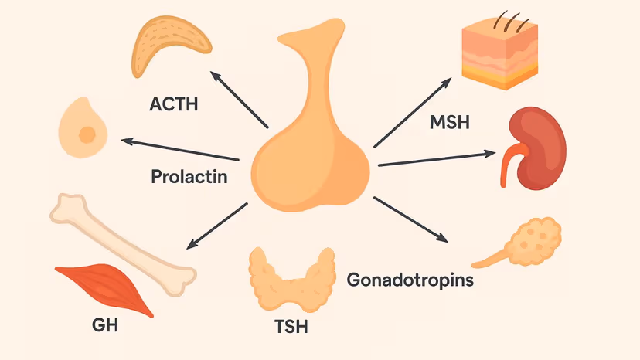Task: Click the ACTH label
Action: point(173,103)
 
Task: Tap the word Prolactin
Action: point(189,177)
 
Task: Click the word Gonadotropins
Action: point(410,278)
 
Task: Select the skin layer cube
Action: point(499,50)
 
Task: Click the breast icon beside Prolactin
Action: point(83,130)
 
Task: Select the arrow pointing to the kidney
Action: point(437,158)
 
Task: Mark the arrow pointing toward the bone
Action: point(218,225)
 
